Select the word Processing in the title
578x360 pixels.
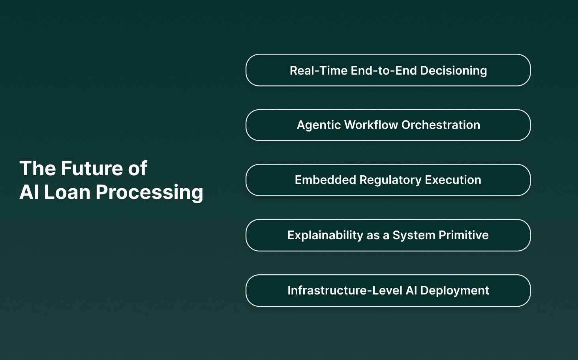pyautogui.click(x=149, y=193)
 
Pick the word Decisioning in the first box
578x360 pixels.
pyautogui.click(x=453, y=71)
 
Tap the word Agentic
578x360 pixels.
pyautogui.click(x=319, y=126)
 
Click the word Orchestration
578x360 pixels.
pyautogui.click(x=441, y=125)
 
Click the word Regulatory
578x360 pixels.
pyautogui.click(x=390, y=180)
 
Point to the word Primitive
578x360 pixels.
pyautogui.click(x=464, y=235)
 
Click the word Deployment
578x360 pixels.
pyautogui.click(x=454, y=291)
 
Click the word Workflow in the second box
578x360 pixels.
pyautogui.click(x=371, y=125)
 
